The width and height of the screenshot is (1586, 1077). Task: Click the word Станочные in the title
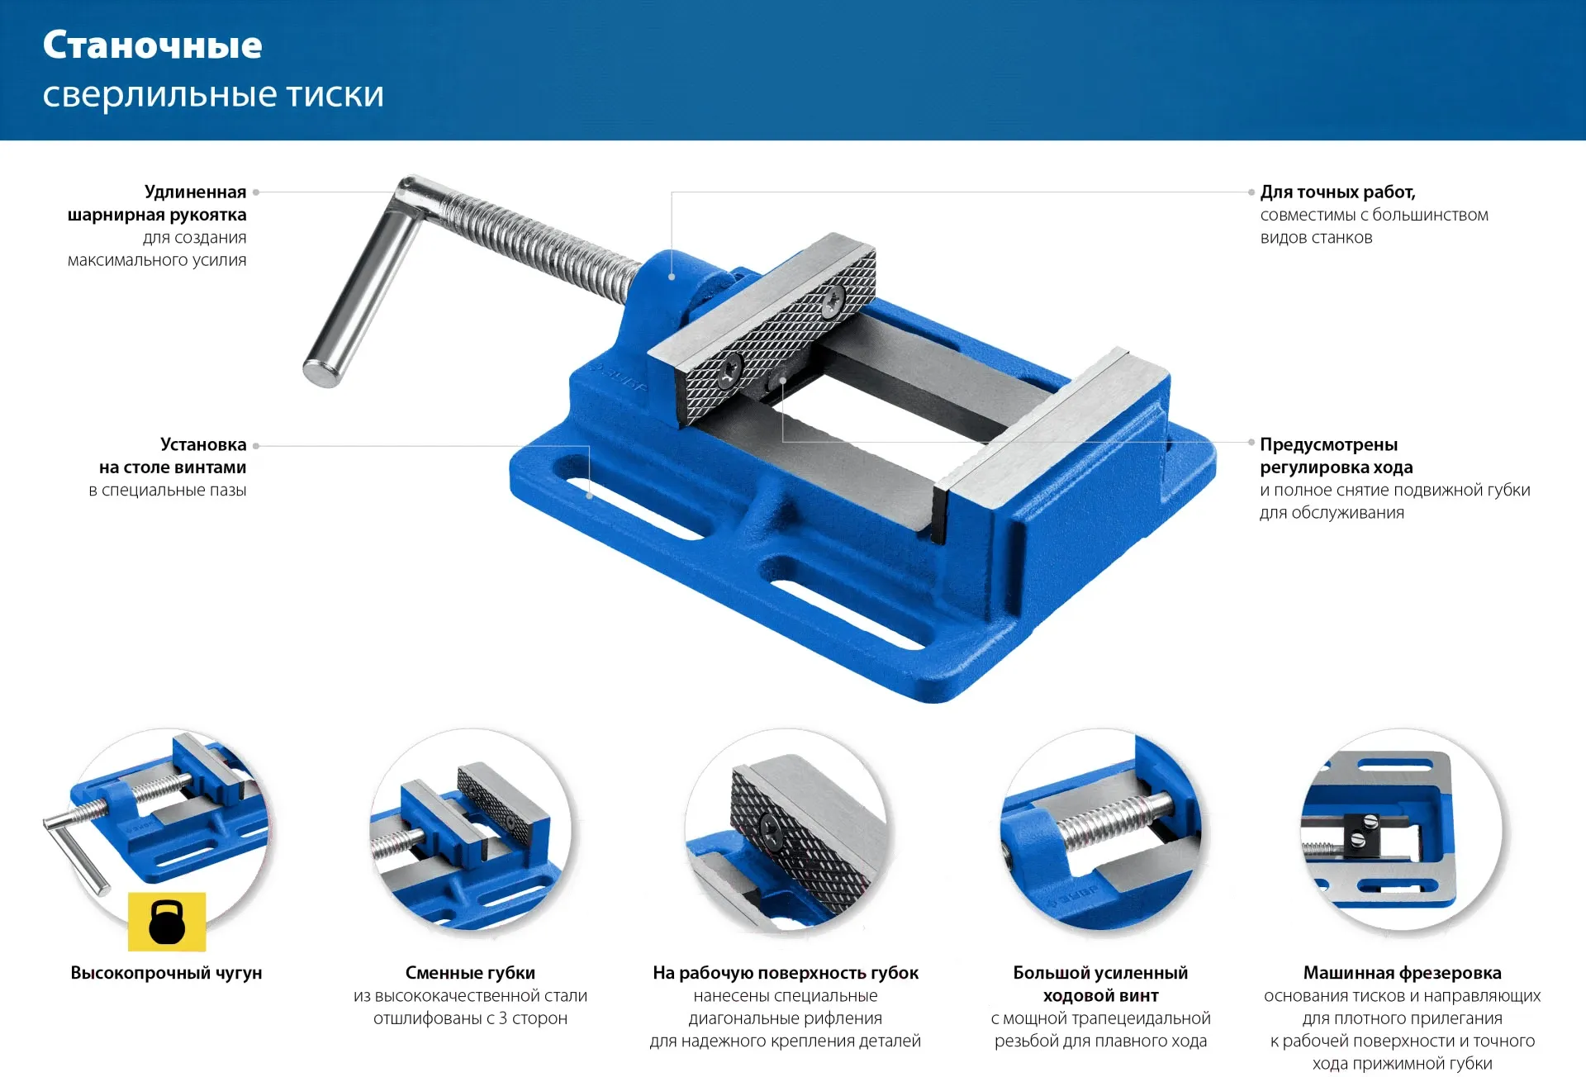point(153,45)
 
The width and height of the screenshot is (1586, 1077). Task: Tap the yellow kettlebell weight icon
point(167,922)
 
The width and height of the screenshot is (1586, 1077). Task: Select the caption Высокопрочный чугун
point(166,973)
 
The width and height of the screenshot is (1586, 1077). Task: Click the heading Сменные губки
point(470,973)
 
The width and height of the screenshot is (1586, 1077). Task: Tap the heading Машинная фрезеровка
point(1402,973)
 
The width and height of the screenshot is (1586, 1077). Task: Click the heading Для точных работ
point(1337,192)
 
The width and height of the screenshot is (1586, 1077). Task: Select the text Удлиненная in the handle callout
point(195,192)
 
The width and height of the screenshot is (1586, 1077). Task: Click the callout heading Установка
point(203,444)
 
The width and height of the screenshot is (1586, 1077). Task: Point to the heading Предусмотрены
point(1328,444)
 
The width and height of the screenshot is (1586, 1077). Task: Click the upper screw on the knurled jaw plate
point(832,300)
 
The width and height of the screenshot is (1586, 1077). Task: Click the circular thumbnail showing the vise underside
point(1402,830)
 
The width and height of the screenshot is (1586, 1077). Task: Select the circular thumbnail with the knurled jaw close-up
point(785,830)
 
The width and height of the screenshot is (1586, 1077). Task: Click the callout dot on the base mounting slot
point(590,496)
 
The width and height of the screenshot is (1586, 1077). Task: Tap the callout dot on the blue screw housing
point(672,277)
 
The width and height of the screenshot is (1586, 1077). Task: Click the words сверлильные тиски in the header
point(213,95)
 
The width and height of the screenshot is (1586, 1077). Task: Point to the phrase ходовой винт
point(1100,995)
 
